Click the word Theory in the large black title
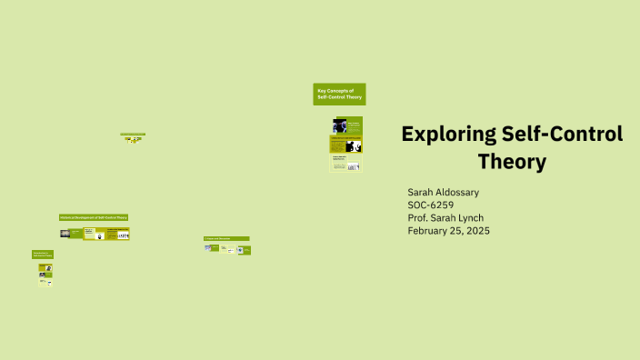click(x=512, y=163)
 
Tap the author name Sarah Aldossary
click(x=443, y=193)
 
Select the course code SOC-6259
click(x=430, y=205)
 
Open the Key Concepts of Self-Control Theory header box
click(x=340, y=95)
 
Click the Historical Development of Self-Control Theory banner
click(x=94, y=217)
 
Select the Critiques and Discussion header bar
click(x=226, y=238)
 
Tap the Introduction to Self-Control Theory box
click(x=43, y=255)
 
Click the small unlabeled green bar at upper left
click(x=134, y=135)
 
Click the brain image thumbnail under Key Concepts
click(x=340, y=125)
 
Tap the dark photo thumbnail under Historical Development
click(x=65, y=234)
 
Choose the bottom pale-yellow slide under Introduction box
click(x=45, y=282)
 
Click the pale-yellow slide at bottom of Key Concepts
click(x=345, y=165)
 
